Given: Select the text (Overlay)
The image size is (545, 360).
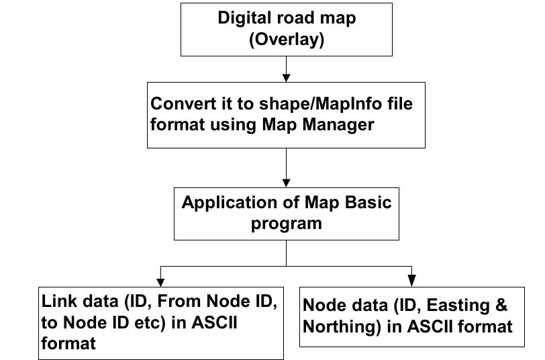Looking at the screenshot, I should pyautogui.click(x=287, y=40).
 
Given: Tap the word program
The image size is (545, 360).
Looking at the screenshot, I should pyautogui.click(x=287, y=223).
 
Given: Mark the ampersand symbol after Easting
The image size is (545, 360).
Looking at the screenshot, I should pyautogui.click(x=501, y=306).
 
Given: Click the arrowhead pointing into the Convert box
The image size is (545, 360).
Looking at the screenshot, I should pyautogui.click(x=287, y=77).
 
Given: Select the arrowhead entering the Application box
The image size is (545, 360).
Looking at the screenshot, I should pyautogui.click(x=287, y=182).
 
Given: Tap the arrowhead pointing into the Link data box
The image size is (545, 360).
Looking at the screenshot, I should pyautogui.click(x=160, y=279).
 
